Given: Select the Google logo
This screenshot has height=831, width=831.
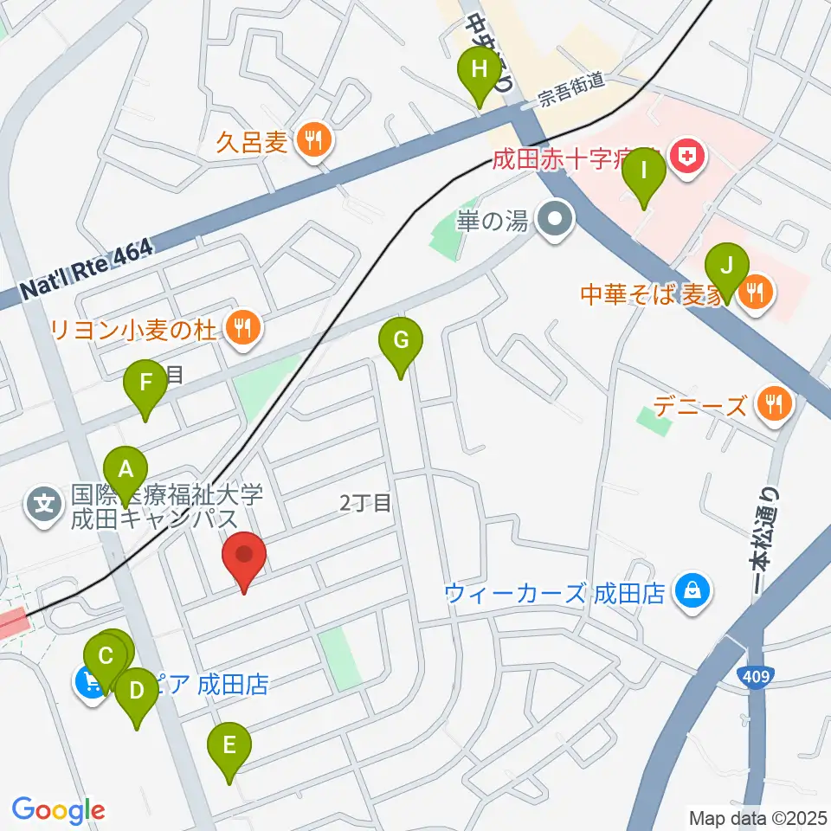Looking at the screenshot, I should tap(58, 809).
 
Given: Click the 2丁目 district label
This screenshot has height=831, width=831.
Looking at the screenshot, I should tap(365, 502).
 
